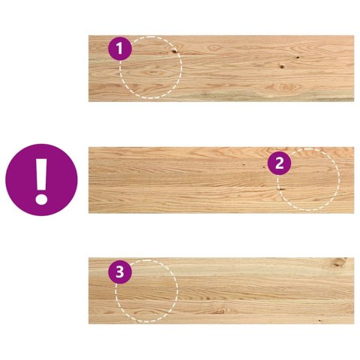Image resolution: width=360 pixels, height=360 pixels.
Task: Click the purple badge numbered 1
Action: (x=120, y=49)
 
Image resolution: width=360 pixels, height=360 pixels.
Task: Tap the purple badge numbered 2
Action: (x=279, y=163)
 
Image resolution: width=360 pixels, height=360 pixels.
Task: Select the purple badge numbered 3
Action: (x=120, y=271)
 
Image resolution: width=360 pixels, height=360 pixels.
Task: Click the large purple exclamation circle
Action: (x=41, y=180)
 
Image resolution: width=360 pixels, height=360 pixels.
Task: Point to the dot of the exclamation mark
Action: (x=41, y=199)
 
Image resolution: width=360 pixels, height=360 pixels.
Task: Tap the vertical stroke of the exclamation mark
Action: (x=41, y=173)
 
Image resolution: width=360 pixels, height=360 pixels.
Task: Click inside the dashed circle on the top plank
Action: (x=152, y=71)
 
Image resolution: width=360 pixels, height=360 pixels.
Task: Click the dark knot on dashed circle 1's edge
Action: (x=175, y=52)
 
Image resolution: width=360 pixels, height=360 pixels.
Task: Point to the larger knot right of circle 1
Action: (x=282, y=67)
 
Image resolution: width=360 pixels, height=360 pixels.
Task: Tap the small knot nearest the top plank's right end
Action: (x=298, y=58)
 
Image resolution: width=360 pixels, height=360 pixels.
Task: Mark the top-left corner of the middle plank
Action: (x=89, y=148)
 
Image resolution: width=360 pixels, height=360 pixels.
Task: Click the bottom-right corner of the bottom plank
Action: (x=353, y=323)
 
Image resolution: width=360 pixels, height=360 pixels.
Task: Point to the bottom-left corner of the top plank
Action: (x=89, y=100)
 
